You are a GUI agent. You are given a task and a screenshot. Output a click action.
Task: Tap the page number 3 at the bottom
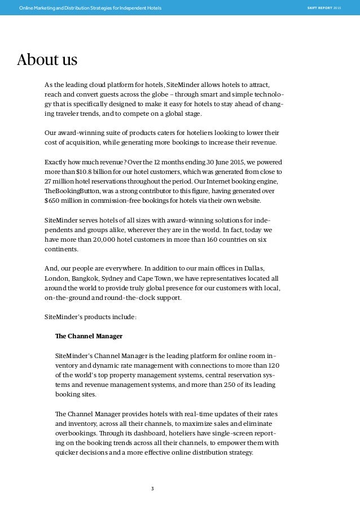(x=152, y=488)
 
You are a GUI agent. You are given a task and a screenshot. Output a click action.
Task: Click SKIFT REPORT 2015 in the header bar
(x=324, y=7)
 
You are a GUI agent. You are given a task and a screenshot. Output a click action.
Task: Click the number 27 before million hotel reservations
(x=49, y=181)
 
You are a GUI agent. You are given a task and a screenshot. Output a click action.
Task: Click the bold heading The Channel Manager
(x=89, y=335)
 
